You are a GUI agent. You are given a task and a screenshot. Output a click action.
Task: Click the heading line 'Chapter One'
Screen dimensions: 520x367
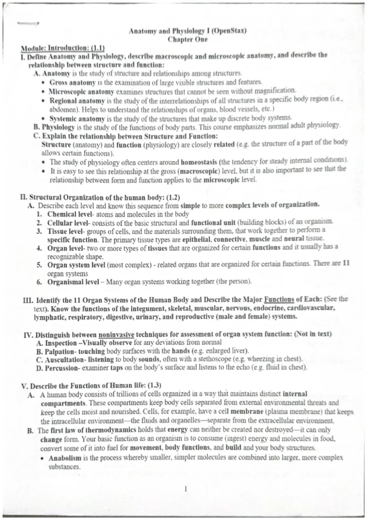pos(187,40)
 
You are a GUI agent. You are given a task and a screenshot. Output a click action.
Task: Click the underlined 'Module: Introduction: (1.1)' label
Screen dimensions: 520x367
pos(63,48)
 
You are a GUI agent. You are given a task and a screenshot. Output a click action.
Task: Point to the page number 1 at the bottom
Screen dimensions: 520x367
pos(186,489)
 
